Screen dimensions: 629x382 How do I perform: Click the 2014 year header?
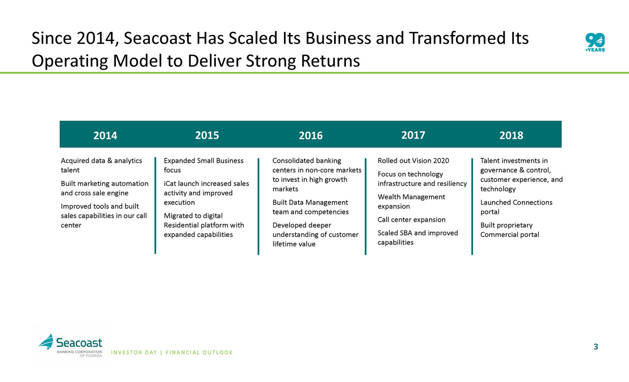tap(105, 136)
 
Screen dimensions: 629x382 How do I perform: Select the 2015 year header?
tap(207, 135)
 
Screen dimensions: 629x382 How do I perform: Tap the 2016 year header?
tap(311, 136)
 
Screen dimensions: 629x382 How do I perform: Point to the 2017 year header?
tap(413, 135)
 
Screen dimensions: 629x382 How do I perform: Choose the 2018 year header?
tap(511, 136)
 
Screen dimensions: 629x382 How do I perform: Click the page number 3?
tap(596, 347)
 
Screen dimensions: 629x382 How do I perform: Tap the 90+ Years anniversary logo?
tap(595, 42)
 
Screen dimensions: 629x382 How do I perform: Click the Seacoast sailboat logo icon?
tap(46, 341)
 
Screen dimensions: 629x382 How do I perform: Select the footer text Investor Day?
tap(134, 353)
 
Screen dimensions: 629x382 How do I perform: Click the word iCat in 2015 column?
tap(170, 183)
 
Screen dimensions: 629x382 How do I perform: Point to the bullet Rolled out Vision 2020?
tap(413, 161)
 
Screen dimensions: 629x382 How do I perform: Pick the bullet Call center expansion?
tap(411, 220)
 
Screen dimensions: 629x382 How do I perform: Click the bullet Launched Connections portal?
tap(516, 207)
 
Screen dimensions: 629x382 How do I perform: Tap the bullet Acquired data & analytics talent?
tap(101, 165)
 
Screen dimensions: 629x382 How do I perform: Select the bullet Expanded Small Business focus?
tap(203, 165)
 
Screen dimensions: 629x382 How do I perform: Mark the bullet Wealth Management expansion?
tap(411, 202)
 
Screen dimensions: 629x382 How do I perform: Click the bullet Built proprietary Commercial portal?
tap(510, 230)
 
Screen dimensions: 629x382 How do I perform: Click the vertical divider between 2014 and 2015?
tap(155, 206)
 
